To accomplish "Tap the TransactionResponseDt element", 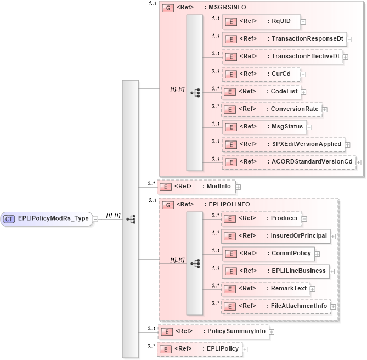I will pos(284,39).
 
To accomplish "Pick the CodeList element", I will pos(260,92).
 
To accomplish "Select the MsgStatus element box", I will pos(263,126).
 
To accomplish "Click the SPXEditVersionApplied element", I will pos(282,144).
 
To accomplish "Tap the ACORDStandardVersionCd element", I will pos(287,161).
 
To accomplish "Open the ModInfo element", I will pos(196,187).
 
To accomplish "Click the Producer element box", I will pos(261,218).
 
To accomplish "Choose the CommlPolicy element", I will pos(267,254).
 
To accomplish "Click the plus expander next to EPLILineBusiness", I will pos(332,271).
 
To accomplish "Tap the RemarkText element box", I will pos(265,288).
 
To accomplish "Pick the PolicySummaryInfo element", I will pos(212,331).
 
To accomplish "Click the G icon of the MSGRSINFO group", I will pos(167,9).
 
